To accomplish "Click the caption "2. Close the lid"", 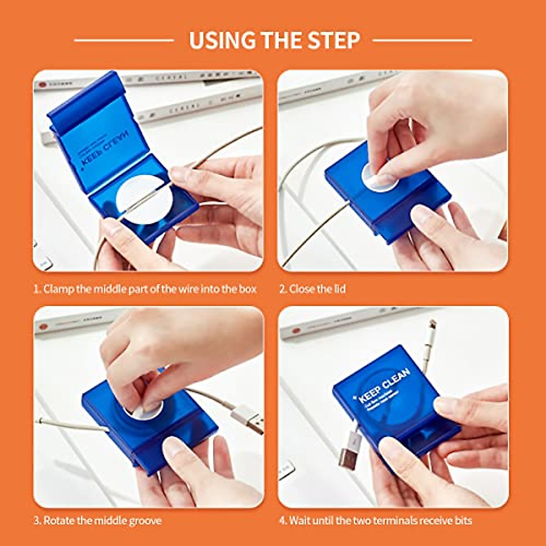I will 312,289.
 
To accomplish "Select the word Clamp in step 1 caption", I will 58,289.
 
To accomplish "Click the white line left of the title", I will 124,40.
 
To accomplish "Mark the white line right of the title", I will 422,40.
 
